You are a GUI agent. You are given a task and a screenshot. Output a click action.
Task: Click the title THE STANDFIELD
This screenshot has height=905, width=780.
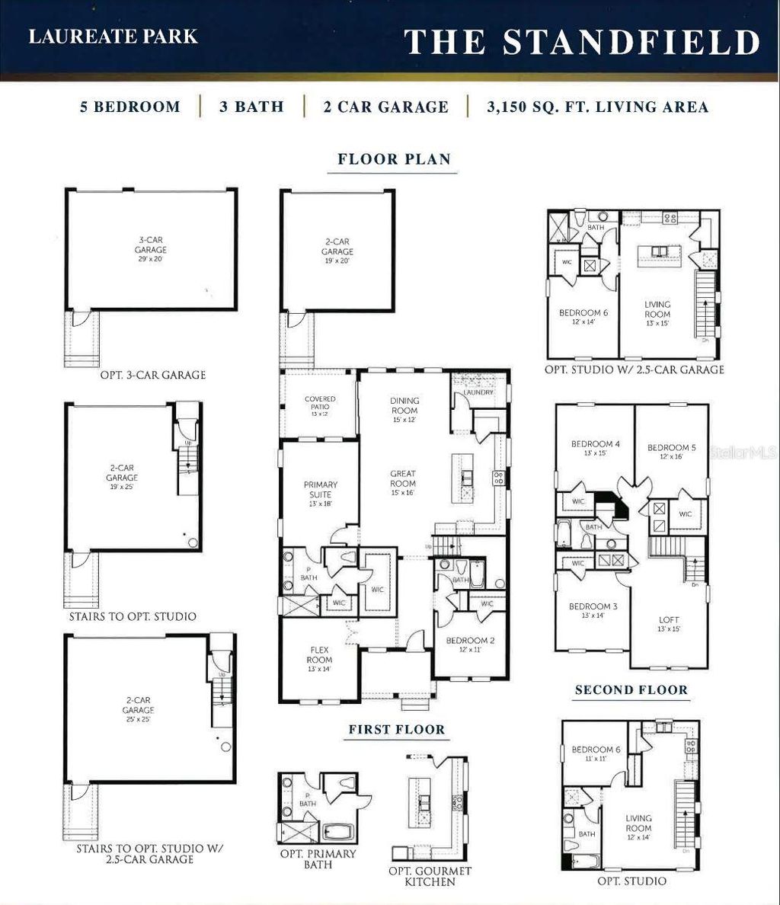click(x=581, y=42)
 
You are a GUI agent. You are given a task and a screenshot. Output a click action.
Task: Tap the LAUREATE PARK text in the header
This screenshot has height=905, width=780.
click(x=113, y=37)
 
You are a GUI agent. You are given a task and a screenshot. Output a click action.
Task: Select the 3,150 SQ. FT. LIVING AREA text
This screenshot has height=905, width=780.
click(x=598, y=107)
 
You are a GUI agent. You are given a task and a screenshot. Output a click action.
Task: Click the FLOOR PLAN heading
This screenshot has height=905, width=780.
click(x=394, y=159)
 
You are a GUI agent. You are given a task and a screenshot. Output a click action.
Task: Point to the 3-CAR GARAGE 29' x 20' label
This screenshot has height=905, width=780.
click(x=151, y=250)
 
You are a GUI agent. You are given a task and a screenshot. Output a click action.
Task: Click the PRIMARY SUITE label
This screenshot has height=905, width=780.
click(x=320, y=489)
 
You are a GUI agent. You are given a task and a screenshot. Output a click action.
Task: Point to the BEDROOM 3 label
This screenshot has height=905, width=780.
click(x=592, y=611)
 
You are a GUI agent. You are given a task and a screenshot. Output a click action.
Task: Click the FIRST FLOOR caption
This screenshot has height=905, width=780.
click(x=396, y=729)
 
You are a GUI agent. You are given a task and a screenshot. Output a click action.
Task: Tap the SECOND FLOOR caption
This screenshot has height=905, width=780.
click(x=631, y=690)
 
